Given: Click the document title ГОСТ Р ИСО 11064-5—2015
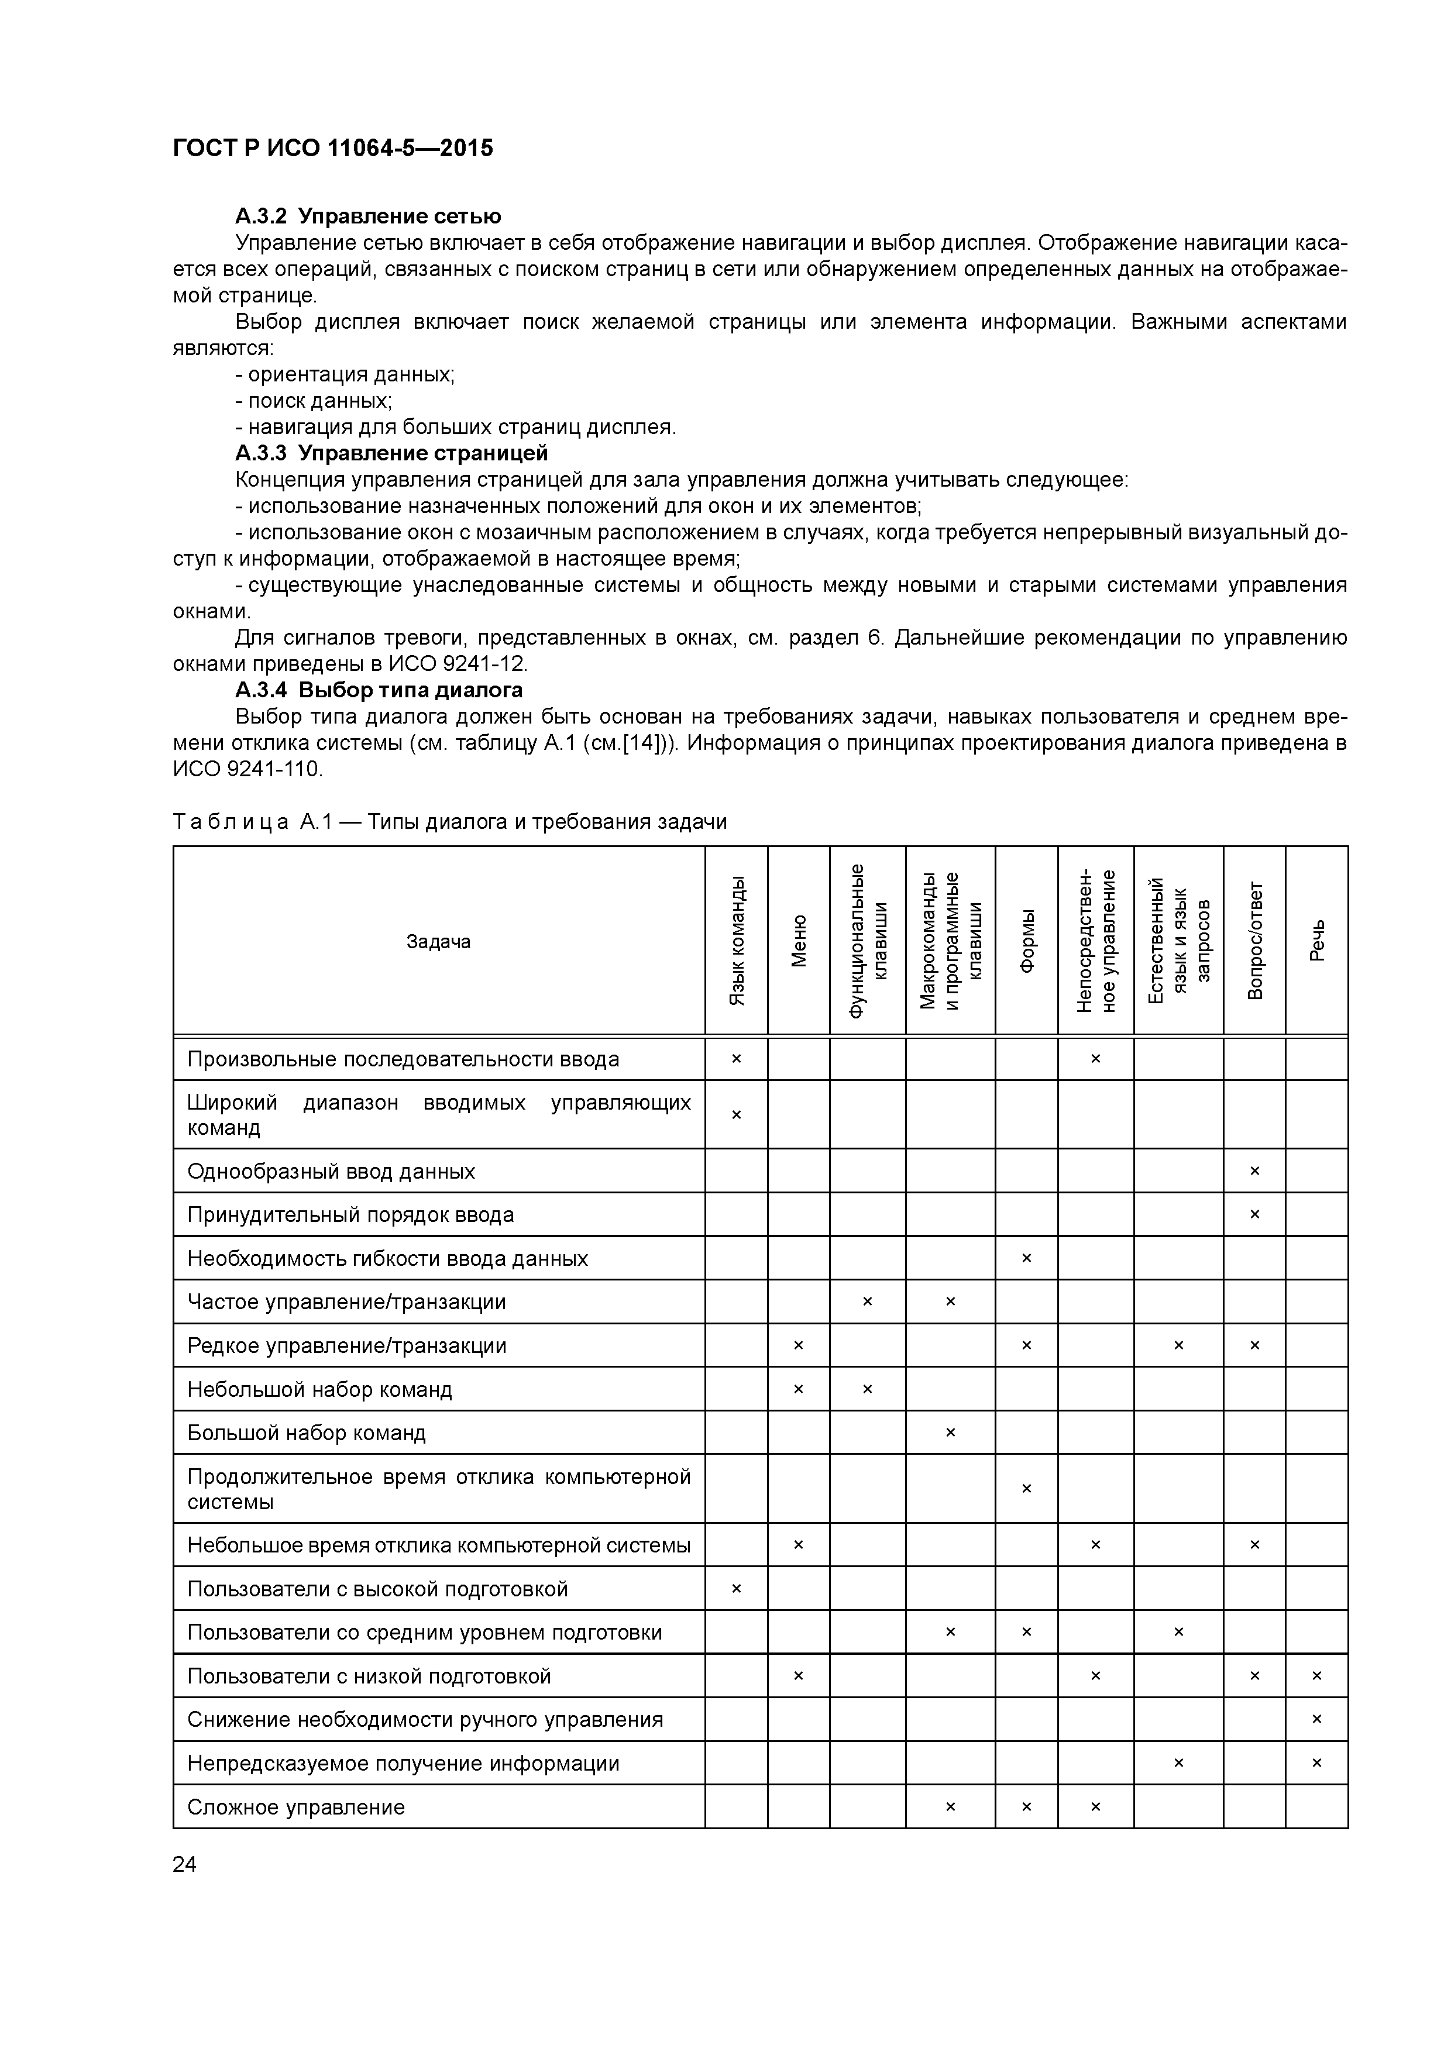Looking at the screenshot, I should [332, 149].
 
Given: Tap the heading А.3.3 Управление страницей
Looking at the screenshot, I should [391, 453].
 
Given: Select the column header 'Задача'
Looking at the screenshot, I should [438, 941].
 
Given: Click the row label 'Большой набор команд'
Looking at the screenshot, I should [307, 1433].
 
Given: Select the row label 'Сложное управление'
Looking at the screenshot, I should [296, 1807].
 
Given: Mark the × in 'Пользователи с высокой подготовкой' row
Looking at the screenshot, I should [737, 1588].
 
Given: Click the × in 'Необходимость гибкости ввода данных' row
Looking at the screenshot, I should [1026, 1258].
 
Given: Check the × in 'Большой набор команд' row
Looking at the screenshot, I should [950, 1433].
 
